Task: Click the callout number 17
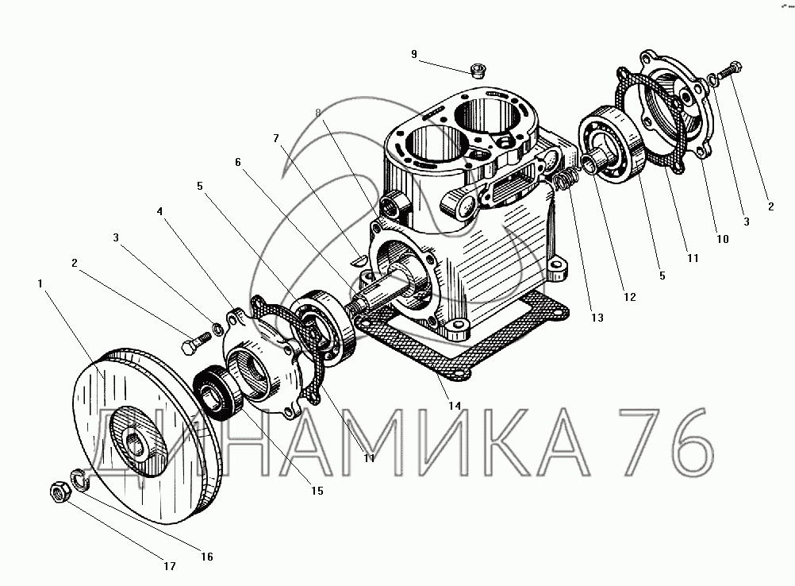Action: (x=169, y=566)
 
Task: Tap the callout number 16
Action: (x=207, y=557)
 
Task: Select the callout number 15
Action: (x=317, y=491)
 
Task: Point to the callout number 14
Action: (x=455, y=406)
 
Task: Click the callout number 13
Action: (x=597, y=317)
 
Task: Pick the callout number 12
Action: (x=630, y=297)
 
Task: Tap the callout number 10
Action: (x=723, y=239)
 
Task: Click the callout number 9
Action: (x=414, y=54)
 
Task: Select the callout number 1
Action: (x=40, y=283)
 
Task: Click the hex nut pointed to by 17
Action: (x=60, y=492)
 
